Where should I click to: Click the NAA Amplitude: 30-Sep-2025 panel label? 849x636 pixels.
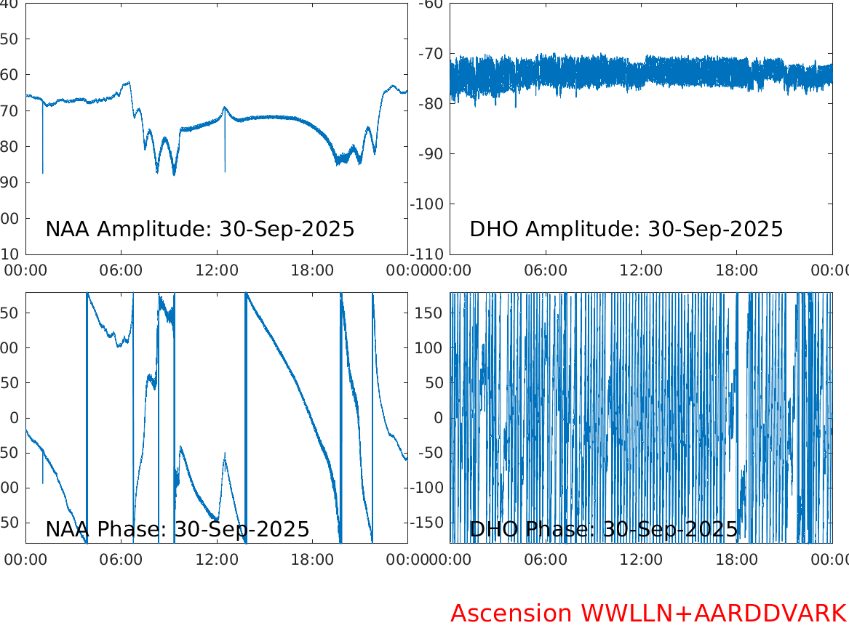point(199,229)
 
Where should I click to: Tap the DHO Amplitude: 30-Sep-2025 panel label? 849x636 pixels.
point(626,229)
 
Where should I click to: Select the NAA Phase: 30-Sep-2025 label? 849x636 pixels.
point(177,529)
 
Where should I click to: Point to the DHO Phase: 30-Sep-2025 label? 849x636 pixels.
point(603,529)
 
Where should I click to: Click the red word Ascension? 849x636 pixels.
point(511,613)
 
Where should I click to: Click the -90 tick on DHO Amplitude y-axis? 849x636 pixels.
point(431,154)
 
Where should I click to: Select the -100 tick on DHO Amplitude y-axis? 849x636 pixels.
point(427,204)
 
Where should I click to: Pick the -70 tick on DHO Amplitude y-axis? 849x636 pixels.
point(431,54)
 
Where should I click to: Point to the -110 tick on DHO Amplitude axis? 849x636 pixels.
point(427,254)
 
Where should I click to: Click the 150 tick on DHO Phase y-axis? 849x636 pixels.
point(429,313)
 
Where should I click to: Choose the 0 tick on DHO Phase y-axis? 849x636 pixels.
point(439,418)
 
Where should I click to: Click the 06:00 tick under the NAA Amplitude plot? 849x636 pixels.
point(121,270)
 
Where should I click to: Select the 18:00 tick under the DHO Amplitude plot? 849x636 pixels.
point(736,270)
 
